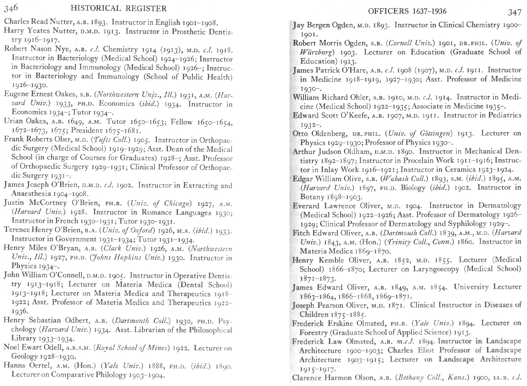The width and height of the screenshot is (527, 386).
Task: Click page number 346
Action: (x=11, y=8)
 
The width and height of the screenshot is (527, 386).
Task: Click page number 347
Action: (x=515, y=12)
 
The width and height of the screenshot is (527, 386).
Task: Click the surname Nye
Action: (x=63, y=49)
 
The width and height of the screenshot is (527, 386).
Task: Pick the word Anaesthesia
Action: (x=31, y=194)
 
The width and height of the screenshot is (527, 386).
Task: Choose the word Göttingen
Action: (x=438, y=133)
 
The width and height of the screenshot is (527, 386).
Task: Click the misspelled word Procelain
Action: (x=417, y=161)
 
